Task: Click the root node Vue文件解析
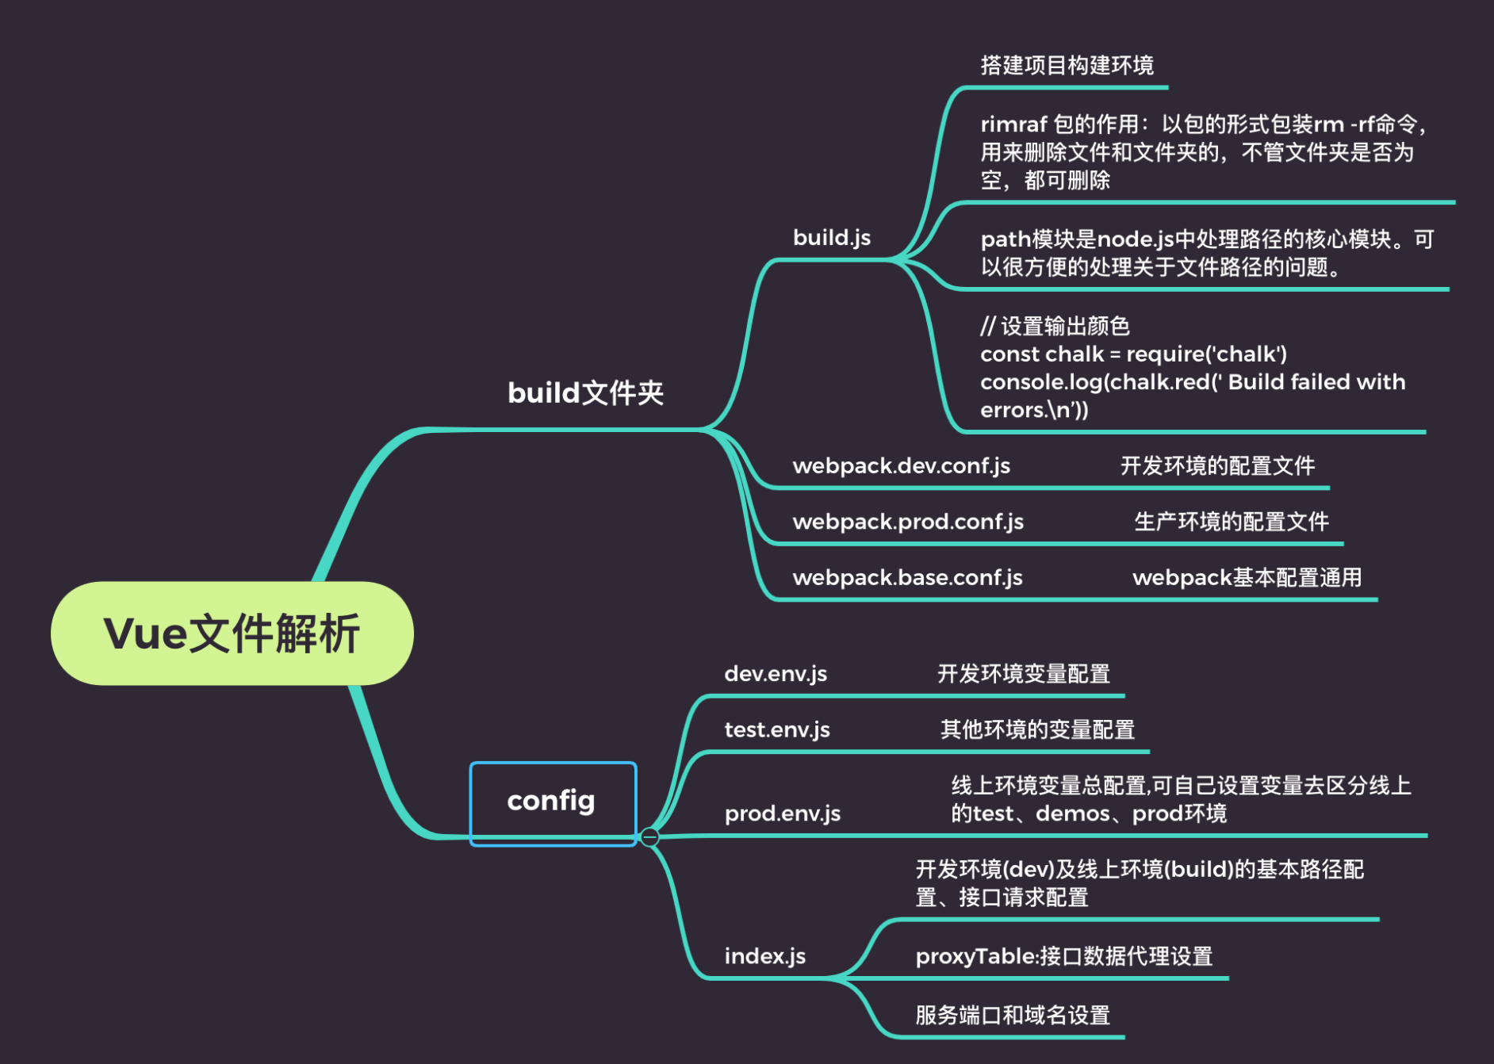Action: [x=232, y=633]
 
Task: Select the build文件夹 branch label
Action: [x=585, y=392]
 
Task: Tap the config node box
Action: [x=553, y=802]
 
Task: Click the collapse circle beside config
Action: [x=649, y=837]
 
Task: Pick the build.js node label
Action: [x=831, y=238]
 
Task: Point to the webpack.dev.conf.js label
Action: [x=901, y=465]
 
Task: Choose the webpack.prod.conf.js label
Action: [x=907, y=522]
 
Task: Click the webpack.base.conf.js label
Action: [x=907, y=577]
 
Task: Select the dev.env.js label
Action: [x=775, y=674]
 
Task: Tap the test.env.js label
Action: [x=776, y=729]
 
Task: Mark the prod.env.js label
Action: [x=782, y=813]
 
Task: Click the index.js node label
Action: [x=764, y=956]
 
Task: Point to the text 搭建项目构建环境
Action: [x=1067, y=65]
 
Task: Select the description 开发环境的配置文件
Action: [x=1217, y=465]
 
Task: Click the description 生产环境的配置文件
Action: [x=1231, y=522]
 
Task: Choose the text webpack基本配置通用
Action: [x=1247, y=577]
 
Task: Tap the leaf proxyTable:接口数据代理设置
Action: [x=1063, y=956]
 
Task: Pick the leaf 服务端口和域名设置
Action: [x=1012, y=1015]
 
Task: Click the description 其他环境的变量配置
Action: [x=1036, y=729]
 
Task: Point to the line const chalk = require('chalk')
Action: [x=1133, y=354]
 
